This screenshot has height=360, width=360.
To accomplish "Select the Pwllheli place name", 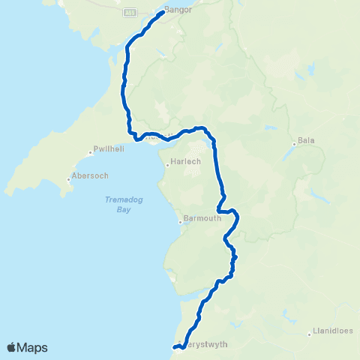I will pos(108,148).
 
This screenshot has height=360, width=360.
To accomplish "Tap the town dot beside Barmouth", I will pos(180,221).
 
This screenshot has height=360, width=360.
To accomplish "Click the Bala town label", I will pos(305,140).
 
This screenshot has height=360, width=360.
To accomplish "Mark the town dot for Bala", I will pos(294,144).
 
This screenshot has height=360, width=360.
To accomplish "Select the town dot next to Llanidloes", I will pos(310,334).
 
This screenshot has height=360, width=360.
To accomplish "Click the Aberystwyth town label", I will pos(204,345).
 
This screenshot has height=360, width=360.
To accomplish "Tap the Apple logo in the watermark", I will pos(11,347).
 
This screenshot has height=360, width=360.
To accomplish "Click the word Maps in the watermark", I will pos(32,347).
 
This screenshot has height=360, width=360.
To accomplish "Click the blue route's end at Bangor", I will pos(163,13).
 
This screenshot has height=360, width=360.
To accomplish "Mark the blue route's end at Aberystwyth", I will pos(174,347).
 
